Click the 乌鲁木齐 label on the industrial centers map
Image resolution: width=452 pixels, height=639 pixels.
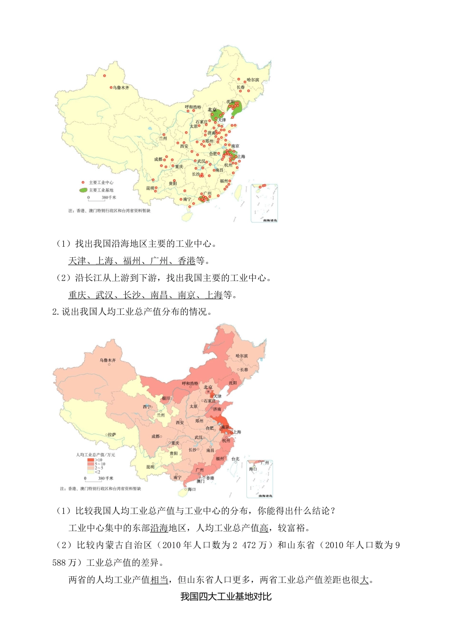click(x=121, y=88)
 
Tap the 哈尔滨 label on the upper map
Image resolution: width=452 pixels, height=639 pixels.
click(x=253, y=80)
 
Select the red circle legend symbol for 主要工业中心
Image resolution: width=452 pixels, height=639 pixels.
click(x=83, y=183)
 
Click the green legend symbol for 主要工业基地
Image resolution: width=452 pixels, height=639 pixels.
click(x=83, y=190)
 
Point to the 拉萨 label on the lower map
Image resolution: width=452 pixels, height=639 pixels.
click(x=112, y=435)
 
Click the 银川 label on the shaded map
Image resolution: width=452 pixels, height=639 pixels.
click(x=166, y=398)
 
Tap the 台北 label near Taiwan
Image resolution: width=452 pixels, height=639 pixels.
click(x=236, y=459)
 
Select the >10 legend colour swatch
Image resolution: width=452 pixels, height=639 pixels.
click(x=90, y=460)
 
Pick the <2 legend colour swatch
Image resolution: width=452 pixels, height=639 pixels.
click(x=90, y=472)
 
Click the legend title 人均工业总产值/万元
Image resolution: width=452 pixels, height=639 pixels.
click(x=96, y=455)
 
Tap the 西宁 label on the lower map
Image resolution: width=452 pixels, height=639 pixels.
click(x=147, y=407)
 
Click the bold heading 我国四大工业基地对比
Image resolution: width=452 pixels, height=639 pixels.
click(x=226, y=597)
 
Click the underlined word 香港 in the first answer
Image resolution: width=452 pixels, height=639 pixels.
click(x=187, y=261)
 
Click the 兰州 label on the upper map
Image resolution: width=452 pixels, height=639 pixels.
click(x=163, y=138)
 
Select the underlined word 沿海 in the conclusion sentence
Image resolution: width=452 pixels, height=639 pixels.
click(x=159, y=528)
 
